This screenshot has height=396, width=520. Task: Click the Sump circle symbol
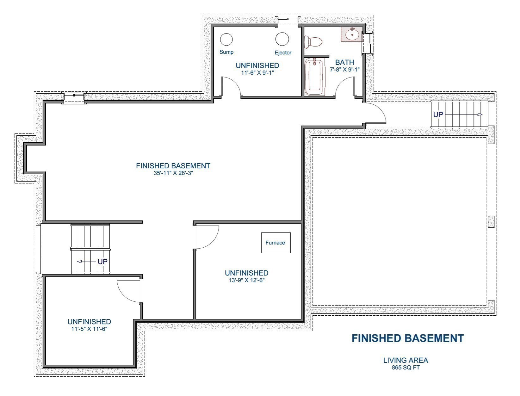[x=226, y=39]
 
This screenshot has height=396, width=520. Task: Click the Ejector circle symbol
[x=282, y=39]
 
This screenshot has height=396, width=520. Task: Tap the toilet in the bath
[x=313, y=42]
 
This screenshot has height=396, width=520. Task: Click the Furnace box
[x=275, y=243]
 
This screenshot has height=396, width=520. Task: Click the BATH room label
[x=344, y=62]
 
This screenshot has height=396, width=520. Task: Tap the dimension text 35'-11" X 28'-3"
[x=173, y=173]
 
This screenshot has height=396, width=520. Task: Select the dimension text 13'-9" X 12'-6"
[x=246, y=280]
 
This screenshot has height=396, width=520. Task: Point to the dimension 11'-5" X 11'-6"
[x=89, y=329]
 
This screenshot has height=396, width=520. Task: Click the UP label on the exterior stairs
[x=438, y=114]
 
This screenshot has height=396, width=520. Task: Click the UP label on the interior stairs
[x=102, y=262]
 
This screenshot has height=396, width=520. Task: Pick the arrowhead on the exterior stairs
[x=480, y=114]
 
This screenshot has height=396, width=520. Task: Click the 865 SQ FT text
[x=405, y=368]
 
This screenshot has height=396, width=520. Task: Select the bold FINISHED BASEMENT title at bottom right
[x=408, y=338]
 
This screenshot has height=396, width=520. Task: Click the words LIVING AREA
[x=405, y=360]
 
